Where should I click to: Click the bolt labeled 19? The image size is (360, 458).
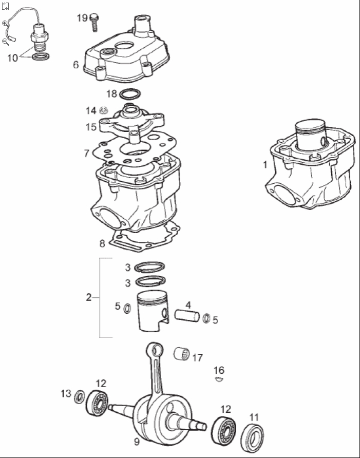tap(94, 22)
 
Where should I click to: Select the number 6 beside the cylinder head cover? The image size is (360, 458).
tap(75, 65)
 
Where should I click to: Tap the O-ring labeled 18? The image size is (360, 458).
tap(130, 94)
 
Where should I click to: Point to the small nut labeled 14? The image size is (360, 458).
tap(103, 110)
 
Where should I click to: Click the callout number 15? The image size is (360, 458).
tap(91, 127)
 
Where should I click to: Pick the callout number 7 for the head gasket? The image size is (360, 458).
tap(86, 153)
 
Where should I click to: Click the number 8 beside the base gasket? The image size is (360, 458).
tap(102, 243)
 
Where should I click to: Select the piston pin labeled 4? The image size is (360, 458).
tap(187, 316)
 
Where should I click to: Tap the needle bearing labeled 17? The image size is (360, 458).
tap(181, 354)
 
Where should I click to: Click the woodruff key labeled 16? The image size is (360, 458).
tap(219, 379)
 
